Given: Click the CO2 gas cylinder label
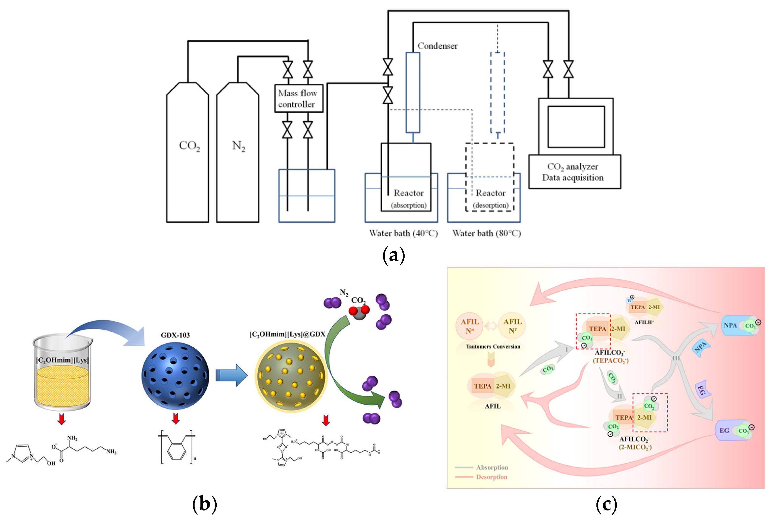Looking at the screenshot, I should tap(189, 146).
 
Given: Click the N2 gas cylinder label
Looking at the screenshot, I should tap(238, 146).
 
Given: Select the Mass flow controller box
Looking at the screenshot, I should tap(298, 98).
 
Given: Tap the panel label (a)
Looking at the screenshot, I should tap(393, 256).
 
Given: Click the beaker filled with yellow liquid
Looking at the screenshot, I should tap(62, 373).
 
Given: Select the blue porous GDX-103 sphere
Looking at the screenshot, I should tap(175, 376).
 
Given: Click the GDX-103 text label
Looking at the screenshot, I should tap(175, 335).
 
